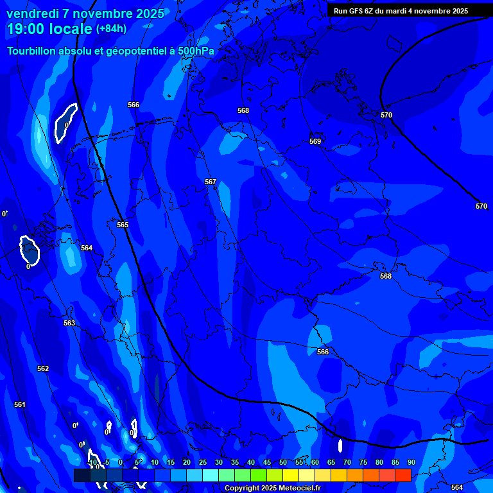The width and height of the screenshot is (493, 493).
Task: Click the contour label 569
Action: tap(315, 141)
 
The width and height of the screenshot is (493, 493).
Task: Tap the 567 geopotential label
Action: tap(211, 182)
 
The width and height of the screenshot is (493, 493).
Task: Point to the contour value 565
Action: tap(123, 225)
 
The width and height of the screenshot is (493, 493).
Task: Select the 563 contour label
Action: tap(69, 323)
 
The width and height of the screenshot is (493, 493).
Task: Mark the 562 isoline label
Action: tap(43, 368)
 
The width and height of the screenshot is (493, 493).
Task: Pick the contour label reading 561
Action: tap(20, 404)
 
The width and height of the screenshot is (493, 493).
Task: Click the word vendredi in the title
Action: tap(33, 13)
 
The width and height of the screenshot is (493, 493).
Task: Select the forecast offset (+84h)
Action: tap(111, 28)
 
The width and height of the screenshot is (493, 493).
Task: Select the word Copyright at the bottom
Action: tap(242, 489)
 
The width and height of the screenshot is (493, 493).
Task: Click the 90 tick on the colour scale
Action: tap(411, 462)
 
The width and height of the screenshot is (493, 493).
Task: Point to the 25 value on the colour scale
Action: tap(203, 462)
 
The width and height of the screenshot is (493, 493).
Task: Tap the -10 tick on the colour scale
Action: tap(92, 462)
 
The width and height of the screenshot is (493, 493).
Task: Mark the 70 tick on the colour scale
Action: tap(347, 462)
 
